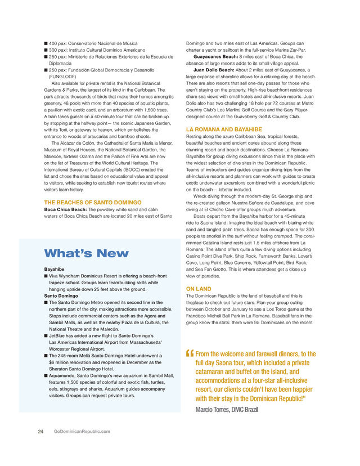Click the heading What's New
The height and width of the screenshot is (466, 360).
pos(86,253)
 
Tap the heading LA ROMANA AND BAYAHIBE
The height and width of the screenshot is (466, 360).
pos(224,129)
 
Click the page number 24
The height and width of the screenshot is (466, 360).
pos(41,432)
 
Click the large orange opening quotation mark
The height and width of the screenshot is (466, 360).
pos(190,356)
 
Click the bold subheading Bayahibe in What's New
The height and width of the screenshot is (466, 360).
pos(55,270)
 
